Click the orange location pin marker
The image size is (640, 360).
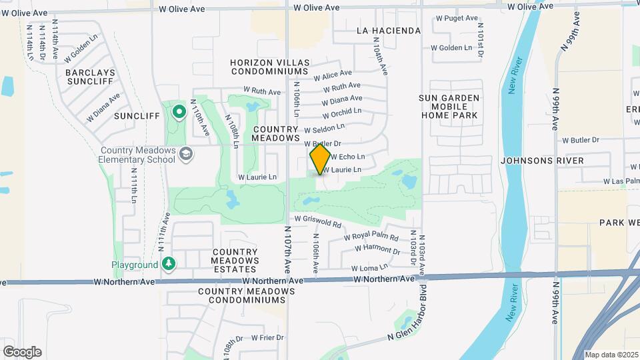coord(320,159)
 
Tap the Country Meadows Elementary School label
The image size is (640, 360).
coord(137,155)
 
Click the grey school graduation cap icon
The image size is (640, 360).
coord(187,155)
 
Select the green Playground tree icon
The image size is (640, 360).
coord(169,265)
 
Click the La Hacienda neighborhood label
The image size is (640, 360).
coord(389,31)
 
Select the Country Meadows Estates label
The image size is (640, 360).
coord(235,260)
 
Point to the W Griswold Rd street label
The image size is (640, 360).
coord(317,219)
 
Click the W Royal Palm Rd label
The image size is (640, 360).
coord(371,237)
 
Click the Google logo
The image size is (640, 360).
coord(21,352)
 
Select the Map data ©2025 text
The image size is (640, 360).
coord(611,355)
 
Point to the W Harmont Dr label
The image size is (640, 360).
coord(377,249)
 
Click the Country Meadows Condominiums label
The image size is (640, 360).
coord(247,296)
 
